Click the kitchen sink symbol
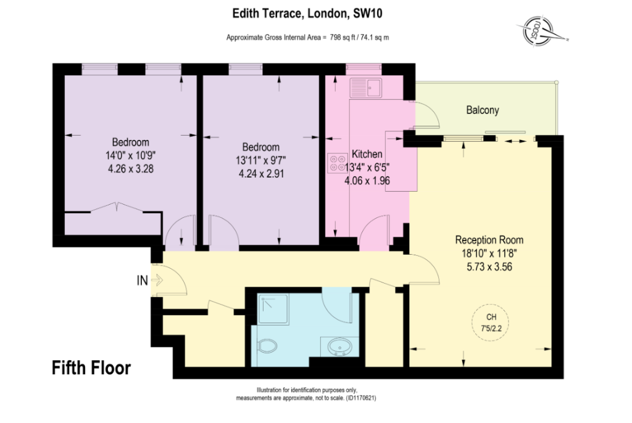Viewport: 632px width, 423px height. [x=365, y=88]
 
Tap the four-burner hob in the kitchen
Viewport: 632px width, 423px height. [x=338, y=163]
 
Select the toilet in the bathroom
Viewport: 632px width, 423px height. [x=267, y=346]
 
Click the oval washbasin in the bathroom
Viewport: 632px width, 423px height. [x=339, y=347]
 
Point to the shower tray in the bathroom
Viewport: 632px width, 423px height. [x=273, y=309]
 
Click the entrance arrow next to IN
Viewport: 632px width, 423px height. [x=157, y=279]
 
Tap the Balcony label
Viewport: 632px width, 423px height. [x=483, y=110]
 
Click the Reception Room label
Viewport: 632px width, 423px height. [x=489, y=240]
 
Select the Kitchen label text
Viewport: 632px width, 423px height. [x=367, y=154]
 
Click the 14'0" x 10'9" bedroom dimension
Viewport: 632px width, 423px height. [x=131, y=155]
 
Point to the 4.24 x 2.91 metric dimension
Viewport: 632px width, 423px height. [x=261, y=174]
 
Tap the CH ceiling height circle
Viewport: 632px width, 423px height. [x=490, y=322]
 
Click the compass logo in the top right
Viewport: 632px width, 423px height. [x=541, y=30]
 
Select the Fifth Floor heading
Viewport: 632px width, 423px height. [x=91, y=368]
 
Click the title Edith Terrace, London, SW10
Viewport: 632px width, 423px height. [x=307, y=14]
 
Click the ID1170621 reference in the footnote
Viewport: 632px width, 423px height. [x=360, y=398]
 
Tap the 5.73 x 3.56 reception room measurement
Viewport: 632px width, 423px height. [x=489, y=267]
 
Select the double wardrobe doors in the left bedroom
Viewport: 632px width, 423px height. [x=116, y=207]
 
